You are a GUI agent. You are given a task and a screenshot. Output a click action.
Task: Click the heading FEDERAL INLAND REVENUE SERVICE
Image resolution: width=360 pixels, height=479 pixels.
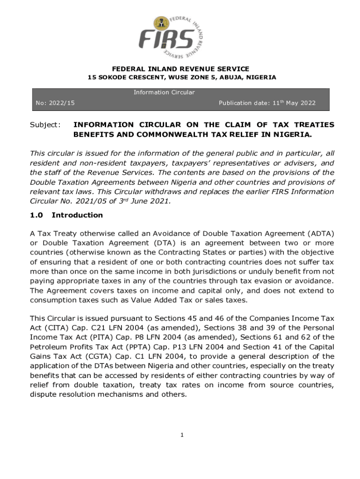pos(180,69)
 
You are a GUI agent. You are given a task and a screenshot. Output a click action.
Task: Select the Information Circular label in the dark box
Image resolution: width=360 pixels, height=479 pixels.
pos(164,92)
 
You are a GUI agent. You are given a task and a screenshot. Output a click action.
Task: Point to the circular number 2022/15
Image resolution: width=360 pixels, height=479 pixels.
pos(65,103)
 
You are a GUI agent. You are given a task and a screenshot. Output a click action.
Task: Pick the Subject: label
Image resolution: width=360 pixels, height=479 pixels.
pos(45,125)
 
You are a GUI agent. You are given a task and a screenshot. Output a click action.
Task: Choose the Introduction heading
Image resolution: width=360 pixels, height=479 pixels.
pos(77,215)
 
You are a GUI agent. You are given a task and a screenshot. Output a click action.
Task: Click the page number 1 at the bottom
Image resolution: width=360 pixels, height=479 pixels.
pos(182,435)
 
